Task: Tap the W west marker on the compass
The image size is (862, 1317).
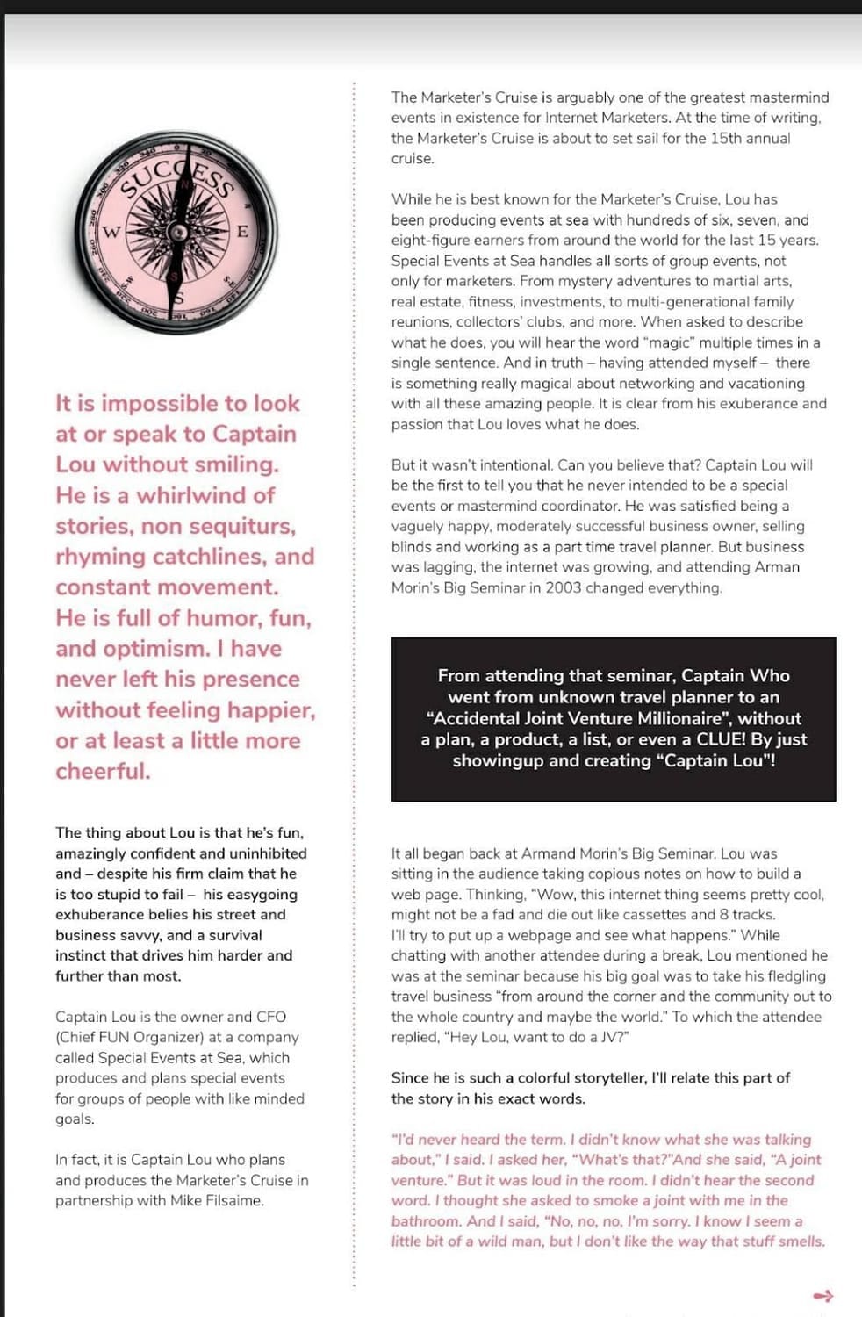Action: pyautogui.click(x=111, y=233)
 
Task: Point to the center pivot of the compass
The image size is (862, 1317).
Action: pyautogui.click(x=178, y=233)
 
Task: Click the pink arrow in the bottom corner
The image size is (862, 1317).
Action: pyautogui.click(x=822, y=1296)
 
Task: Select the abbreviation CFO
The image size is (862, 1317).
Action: pyautogui.click(x=270, y=1017)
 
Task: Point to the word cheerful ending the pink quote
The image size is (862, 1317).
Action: pyautogui.click(x=102, y=771)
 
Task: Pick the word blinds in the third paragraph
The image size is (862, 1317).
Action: pyautogui.click(x=412, y=546)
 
